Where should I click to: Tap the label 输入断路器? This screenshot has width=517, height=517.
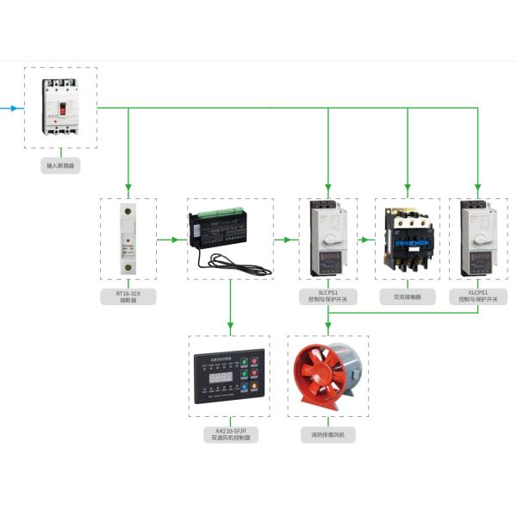[x=59, y=164]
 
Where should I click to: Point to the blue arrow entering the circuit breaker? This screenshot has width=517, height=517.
[x=10, y=108]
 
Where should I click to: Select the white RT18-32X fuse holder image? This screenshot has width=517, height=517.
[x=128, y=239]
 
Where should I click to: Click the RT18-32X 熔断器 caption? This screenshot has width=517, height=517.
[x=128, y=298]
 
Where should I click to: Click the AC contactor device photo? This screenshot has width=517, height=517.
[x=407, y=239]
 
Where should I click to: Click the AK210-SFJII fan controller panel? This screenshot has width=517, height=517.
[x=228, y=378]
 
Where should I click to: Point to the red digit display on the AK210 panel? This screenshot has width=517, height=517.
[x=221, y=377]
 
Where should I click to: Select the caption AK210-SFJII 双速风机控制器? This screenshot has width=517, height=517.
[x=229, y=433]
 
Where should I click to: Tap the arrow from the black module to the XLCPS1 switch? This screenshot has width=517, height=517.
[x=283, y=240]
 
